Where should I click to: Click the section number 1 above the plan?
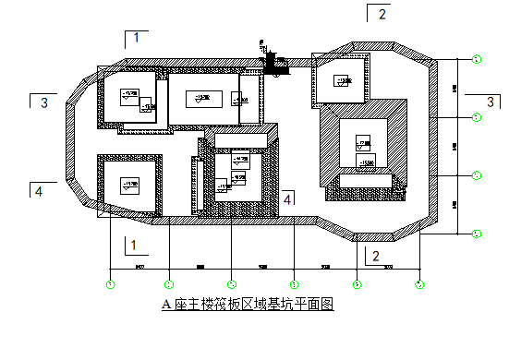pos(136,38)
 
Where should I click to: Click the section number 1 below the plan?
pos(134,246)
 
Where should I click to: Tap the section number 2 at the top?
pos(382,14)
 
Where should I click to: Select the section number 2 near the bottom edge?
pos(376,256)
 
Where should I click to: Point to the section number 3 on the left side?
pos(43,103)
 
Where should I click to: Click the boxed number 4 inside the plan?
pos(288,198)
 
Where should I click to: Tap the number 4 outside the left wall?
pos(38,192)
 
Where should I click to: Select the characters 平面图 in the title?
pos(314,304)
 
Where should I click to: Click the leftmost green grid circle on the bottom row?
pos(111,283)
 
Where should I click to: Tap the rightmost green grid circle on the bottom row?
pos(419,283)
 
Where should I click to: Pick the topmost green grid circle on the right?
pos(477,60)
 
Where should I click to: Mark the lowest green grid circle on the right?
pos(477,234)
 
